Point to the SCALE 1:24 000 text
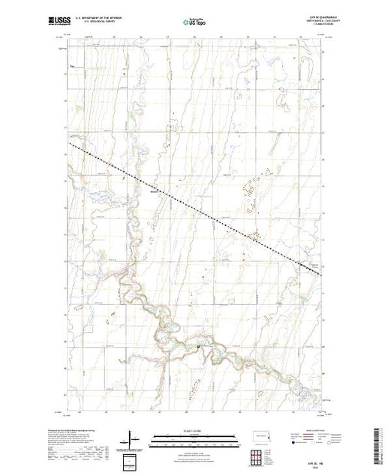click(194, 432)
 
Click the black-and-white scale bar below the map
click(194, 437)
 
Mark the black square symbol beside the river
click(198, 346)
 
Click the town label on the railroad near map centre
click(155, 190)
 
